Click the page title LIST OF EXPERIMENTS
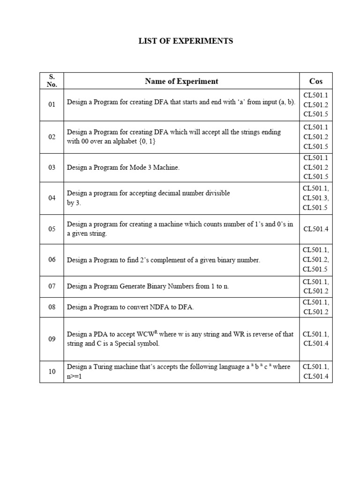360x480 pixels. [x=186, y=41]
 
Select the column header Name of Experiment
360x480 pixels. [x=181, y=81]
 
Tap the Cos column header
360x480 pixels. [x=316, y=81]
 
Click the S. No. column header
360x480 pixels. [x=52, y=81]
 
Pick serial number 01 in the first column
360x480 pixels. [x=52, y=104]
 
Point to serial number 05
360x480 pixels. [x=52, y=229]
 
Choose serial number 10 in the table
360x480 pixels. [x=52, y=371]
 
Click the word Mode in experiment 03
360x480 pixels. [x=141, y=167]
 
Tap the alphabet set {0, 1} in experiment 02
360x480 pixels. [x=145, y=141]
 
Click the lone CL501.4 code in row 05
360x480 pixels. [x=315, y=229]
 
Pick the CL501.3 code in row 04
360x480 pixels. [x=315, y=198]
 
